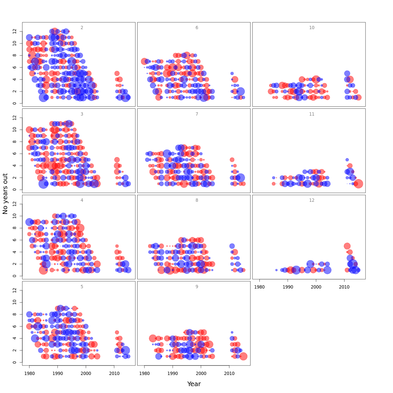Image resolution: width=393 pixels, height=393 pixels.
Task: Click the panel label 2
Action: [x=82, y=28]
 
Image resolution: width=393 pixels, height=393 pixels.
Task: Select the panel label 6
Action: [x=197, y=28]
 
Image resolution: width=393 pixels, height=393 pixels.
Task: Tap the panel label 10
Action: [x=312, y=28]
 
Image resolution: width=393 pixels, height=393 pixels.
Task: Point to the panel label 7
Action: [x=197, y=114]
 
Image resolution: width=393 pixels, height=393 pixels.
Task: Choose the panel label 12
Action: [x=312, y=200]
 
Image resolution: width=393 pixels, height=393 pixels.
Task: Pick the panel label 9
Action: [x=197, y=287]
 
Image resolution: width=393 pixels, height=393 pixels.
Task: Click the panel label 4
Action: [x=82, y=200]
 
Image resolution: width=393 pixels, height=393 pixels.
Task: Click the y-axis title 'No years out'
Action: [x=5, y=194]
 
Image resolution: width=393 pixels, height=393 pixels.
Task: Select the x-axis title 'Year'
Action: [x=194, y=384]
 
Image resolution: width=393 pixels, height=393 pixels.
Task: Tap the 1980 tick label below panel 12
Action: [x=259, y=287]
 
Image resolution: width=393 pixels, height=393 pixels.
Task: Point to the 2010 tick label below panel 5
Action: [x=114, y=373]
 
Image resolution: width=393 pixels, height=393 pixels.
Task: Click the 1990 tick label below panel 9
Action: [x=173, y=373]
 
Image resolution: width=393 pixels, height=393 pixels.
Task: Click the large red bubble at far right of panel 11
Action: [x=358, y=184]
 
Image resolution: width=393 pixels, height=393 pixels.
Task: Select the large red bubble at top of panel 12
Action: [x=347, y=246]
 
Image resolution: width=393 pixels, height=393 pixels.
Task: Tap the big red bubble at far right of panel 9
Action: [x=243, y=356]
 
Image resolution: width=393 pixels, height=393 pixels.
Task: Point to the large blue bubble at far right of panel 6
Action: [x=241, y=91]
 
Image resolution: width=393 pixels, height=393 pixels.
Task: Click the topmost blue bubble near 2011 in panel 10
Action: [x=347, y=74]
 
